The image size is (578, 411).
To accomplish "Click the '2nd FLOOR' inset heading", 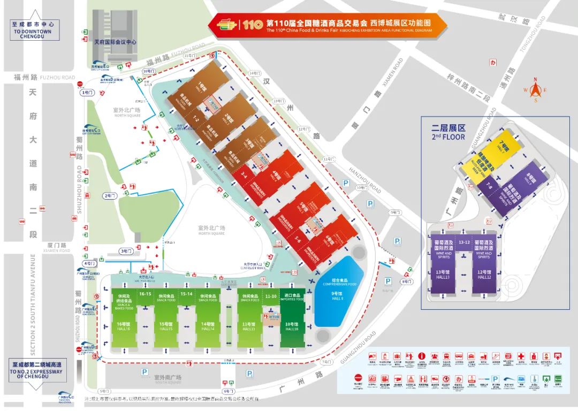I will [x=448, y=132].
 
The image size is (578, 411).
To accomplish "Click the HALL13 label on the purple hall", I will [x=442, y=276].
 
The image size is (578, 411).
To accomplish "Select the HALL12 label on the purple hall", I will [x=484, y=276].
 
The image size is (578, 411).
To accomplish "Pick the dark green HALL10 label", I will [x=292, y=327].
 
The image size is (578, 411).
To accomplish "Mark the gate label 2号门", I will [x=109, y=196].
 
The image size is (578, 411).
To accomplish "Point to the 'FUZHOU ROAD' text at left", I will [x=60, y=78].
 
